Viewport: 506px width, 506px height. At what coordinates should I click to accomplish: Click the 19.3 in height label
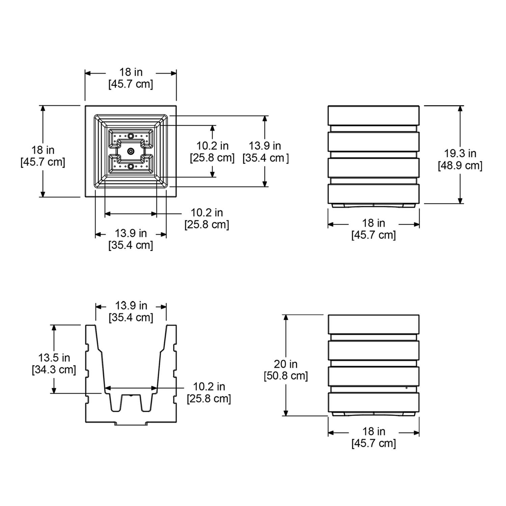(x=460, y=153)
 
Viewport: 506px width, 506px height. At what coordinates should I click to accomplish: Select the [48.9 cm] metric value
(x=460, y=166)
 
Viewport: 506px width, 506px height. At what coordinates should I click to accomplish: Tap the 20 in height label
(x=285, y=364)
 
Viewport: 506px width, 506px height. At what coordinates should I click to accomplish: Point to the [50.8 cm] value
(x=286, y=376)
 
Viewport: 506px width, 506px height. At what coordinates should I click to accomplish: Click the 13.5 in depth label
(x=54, y=358)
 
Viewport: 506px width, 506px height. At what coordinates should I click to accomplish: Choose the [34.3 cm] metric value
(x=54, y=370)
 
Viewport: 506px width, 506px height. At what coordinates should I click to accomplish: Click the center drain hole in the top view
(x=131, y=151)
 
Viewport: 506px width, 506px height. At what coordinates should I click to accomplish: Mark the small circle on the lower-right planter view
(x=406, y=388)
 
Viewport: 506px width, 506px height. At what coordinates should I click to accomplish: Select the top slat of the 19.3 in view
(x=373, y=115)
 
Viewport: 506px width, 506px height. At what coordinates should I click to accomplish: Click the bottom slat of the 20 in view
(x=373, y=402)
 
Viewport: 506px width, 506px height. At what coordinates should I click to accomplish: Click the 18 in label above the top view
(x=131, y=72)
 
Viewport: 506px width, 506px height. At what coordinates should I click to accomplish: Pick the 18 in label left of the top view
(x=43, y=150)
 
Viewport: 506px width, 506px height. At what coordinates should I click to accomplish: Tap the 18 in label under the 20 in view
(x=373, y=431)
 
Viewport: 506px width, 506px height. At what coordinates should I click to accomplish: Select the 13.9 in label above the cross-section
(x=131, y=306)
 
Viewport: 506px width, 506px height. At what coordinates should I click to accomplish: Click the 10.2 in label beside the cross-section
(x=209, y=387)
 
